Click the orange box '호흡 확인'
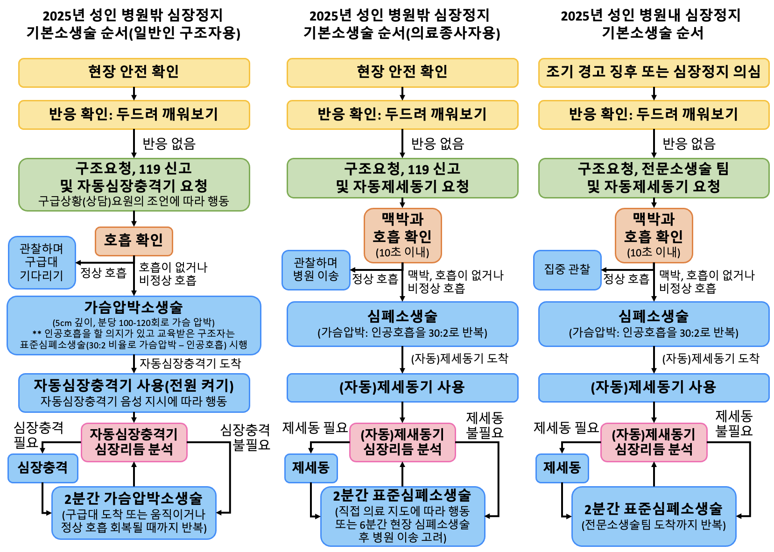click(x=134, y=241)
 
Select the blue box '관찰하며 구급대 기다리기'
click(x=42, y=262)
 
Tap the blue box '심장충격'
click(x=42, y=468)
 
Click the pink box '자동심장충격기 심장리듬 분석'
click(x=134, y=442)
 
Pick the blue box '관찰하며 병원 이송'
click(x=316, y=269)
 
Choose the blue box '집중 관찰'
click(x=567, y=269)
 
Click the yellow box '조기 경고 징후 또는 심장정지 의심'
click(x=653, y=72)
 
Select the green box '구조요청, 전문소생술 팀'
click(x=653, y=178)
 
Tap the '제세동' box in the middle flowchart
click(x=311, y=468)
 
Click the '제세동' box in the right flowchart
click(x=562, y=468)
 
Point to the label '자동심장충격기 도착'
click(x=190, y=363)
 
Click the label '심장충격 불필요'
click(x=246, y=437)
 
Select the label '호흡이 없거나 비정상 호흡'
click(x=173, y=274)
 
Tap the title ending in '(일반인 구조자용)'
click(x=134, y=24)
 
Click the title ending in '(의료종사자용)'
click(x=401, y=24)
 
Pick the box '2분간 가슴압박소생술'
click(x=134, y=513)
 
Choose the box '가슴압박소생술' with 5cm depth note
click(x=134, y=326)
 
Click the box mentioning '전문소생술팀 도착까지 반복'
click(x=653, y=516)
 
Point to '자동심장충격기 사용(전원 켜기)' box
click(x=134, y=392)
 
